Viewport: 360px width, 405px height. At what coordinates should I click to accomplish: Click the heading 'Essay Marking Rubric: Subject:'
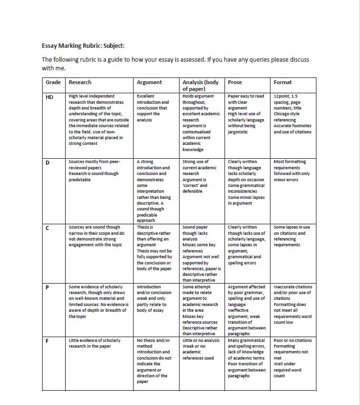coord(83,46)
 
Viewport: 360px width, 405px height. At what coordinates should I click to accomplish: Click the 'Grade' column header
coord(53,82)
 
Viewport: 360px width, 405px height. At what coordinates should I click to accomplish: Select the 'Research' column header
coord(80,82)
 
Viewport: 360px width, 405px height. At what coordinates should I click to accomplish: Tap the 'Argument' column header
coord(149,82)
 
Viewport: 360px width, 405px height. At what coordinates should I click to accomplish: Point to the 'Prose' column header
coord(235,82)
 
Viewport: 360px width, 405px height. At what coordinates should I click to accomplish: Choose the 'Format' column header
coord(282,82)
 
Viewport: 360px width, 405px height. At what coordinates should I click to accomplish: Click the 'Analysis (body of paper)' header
coord(200,85)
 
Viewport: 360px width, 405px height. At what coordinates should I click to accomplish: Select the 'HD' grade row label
coord(49,97)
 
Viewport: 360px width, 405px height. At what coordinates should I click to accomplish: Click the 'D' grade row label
coord(47,162)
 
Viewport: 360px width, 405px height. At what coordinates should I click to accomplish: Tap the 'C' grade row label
coord(47,228)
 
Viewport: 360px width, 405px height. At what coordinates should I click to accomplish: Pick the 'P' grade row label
coord(47,287)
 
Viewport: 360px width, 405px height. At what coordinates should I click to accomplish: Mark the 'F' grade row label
coord(47,341)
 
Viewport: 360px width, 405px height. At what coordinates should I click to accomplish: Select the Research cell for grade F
coord(94,343)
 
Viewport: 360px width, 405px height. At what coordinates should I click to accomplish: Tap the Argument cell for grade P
coord(154,298)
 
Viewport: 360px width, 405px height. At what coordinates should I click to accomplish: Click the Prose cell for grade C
coord(247,245)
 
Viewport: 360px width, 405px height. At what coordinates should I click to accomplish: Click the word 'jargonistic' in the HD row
coord(238,132)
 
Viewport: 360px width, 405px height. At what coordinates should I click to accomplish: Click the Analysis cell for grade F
coord(201,349)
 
